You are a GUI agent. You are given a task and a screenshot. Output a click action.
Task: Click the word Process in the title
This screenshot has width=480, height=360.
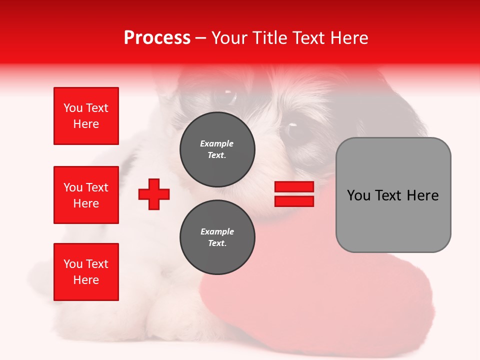pyautogui.click(x=157, y=38)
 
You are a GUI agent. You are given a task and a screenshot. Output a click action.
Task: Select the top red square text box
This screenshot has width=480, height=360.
pyautogui.click(x=86, y=116)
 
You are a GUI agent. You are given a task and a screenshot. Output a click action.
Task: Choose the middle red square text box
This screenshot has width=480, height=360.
pyautogui.click(x=86, y=195)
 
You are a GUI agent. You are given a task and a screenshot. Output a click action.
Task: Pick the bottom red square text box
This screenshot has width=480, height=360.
pyautogui.click(x=86, y=272)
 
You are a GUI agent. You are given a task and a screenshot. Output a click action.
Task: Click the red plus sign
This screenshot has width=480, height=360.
pyautogui.click(x=154, y=194)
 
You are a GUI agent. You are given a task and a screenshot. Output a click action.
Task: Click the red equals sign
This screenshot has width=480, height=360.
pyautogui.click(x=294, y=194)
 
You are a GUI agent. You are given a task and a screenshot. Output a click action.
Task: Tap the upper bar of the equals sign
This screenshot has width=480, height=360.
pyautogui.click(x=294, y=186)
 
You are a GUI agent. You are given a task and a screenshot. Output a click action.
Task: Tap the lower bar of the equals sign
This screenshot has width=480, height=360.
pyautogui.click(x=294, y=201)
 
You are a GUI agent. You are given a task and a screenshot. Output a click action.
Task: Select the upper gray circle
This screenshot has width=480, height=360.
pyautogui.click(x=217, y=149)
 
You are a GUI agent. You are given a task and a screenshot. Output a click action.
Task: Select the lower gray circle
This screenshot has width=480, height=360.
pyautogui.click(x=217, y=237)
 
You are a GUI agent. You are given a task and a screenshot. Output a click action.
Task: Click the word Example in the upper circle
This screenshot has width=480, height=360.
pyautogui.click(x=216, y=144)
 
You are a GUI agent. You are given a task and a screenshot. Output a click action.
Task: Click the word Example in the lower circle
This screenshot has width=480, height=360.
pyautogui.click(x=217, y=232)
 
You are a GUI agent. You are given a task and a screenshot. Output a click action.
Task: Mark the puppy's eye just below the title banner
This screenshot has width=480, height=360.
pyautogui.click(x=227, y=95)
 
